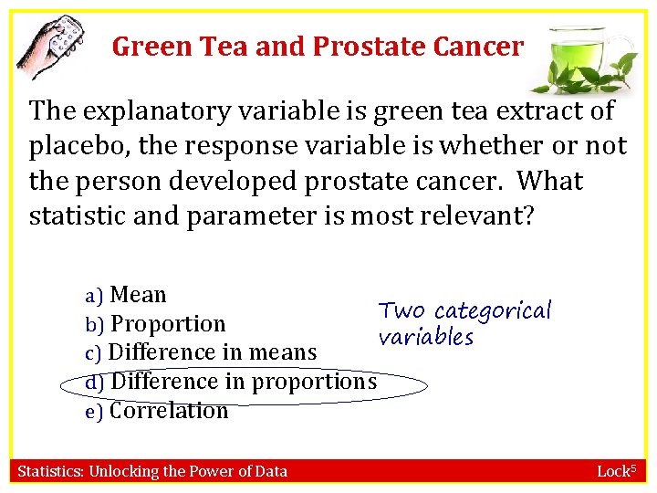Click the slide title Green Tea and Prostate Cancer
318,47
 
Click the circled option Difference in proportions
243,382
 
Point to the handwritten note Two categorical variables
465,324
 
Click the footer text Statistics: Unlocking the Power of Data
153,471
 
